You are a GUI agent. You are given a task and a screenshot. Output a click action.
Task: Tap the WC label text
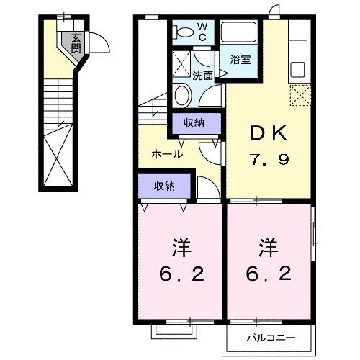coord(202,31)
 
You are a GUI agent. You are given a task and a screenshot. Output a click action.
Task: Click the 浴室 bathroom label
coord(240,60)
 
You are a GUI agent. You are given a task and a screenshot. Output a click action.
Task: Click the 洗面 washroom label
coord(202,76)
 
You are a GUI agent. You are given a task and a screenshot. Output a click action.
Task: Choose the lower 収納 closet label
coord(164,186)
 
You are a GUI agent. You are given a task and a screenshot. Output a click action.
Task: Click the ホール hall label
coord(166,154)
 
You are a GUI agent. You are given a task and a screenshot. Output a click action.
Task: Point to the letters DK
coord(269,133)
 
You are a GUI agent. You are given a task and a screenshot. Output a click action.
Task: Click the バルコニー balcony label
coord(271,336)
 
